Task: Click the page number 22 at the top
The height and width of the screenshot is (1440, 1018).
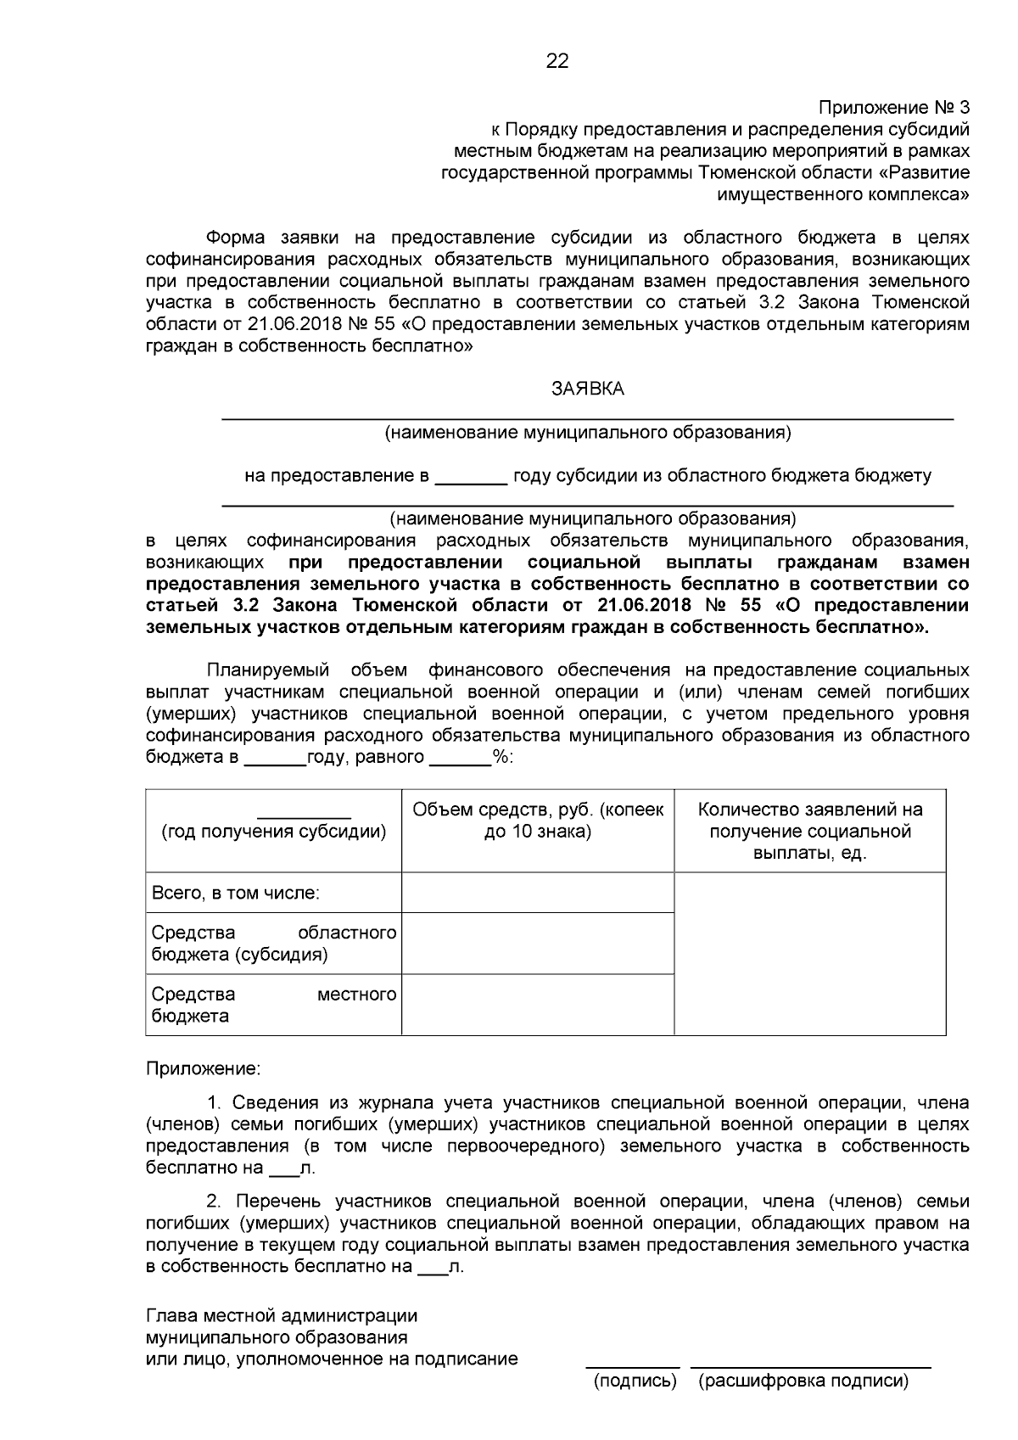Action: [x=557, y=61]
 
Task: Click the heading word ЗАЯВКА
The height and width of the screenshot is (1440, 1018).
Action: [x=587, y=389]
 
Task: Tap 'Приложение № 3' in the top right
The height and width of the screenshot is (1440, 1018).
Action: [x=893, y=108]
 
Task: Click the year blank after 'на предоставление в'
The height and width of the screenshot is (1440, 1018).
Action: [x=471, y=476]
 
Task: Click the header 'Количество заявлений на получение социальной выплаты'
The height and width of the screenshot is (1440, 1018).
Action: [x=809, y=831]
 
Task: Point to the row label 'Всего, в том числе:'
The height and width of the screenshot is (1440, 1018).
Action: [x=235, y=893]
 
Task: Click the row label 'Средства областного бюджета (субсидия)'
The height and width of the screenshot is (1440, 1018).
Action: [x=273, y=944]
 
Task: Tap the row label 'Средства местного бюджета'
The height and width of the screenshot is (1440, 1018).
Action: [x=273, y=1005]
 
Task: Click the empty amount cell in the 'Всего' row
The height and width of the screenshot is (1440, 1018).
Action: [x=538, y=894]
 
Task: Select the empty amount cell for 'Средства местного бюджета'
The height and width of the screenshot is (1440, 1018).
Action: [x=538, y=1005]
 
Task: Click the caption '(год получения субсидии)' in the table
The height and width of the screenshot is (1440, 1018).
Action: [x=273, y=832]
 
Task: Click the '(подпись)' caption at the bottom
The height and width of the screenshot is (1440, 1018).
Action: [x=635, y=1381]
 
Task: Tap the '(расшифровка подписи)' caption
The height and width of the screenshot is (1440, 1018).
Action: [x=803, y=1381]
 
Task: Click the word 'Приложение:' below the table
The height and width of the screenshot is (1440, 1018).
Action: [x=204, y=1067]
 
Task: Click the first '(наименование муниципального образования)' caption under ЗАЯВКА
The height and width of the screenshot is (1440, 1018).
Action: [x=587, y=433]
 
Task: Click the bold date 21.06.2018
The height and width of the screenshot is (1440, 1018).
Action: [x=646, y=606]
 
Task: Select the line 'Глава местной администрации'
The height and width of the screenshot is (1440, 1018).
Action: [x=282, y=1315]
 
